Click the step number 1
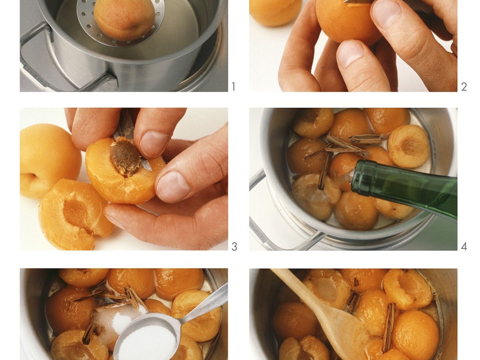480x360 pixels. click(x=233, y=87)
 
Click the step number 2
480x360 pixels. click(x=464, y=87)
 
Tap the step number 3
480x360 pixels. click(x=234, y=247)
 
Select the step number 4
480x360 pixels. click(x=464, y=247)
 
